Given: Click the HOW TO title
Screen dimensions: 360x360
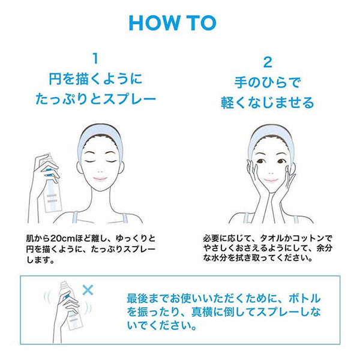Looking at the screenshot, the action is coord(173,23).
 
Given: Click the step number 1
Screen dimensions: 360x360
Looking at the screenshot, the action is coord(95,58).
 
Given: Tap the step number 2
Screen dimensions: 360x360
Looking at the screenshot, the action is coord(268,62).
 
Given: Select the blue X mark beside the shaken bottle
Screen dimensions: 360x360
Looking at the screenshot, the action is coord(88,290).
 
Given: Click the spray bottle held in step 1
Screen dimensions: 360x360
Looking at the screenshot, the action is coord(52,184).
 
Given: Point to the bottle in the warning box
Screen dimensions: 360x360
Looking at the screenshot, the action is coord(70,305).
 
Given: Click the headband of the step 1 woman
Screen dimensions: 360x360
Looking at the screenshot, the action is coord(100,136).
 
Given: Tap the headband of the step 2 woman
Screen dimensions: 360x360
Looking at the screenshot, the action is coord(271,136).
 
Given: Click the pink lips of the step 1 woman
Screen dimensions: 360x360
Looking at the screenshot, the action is coord(100,178).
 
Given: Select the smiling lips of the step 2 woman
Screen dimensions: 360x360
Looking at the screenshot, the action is coord(271,180).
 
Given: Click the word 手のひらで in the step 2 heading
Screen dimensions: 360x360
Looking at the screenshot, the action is coord(267,82).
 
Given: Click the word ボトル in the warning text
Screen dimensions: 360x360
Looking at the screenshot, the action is coord(304,298).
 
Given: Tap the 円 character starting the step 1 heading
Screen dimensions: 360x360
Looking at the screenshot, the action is coord(55,79).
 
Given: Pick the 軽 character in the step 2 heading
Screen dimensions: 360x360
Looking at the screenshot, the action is coord(227,103).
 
